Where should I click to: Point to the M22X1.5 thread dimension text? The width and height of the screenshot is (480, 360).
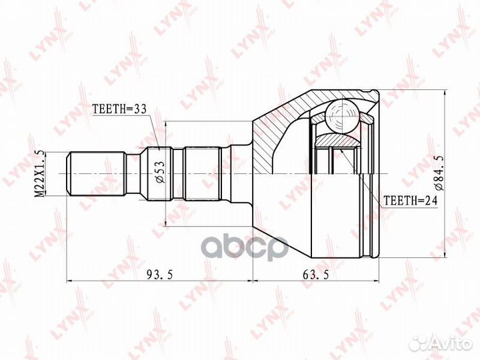tap(40, 173)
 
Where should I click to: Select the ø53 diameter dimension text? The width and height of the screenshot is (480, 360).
tap(161, 172)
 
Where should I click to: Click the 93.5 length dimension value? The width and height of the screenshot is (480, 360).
tap(160, 275)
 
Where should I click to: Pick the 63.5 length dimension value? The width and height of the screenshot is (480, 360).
tap(315, 275)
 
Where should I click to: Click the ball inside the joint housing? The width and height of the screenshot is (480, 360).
tap(341, 117)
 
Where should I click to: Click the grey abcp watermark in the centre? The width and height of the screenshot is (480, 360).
tap(246, 247)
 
